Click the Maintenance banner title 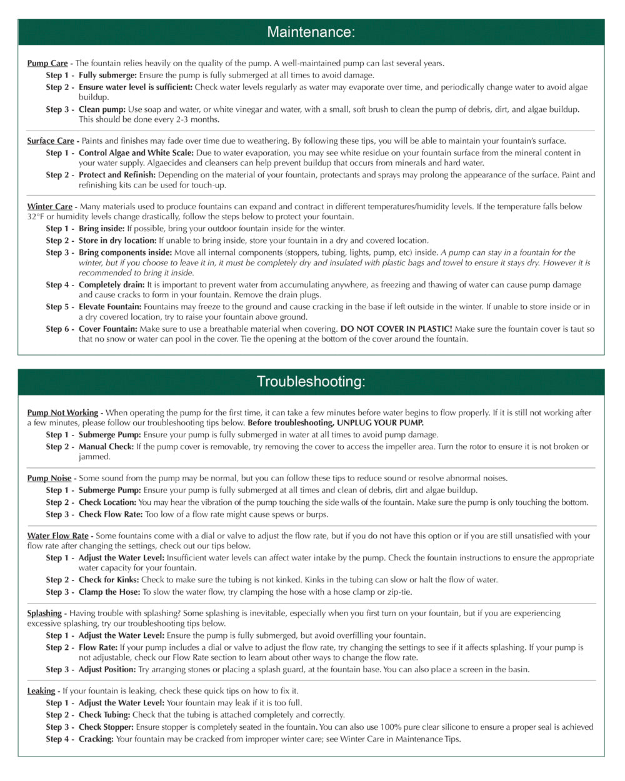pyautogui.click(x=311, y=32)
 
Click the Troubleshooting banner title pyautogui.click(x=311, y=381)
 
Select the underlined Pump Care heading pyautogui.click(x=47, y=63)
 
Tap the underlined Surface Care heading pyautogui.click(x=51, y=141)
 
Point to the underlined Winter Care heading pyautogui.click(x=50, y=206)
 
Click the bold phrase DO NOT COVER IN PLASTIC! pyautogui.click(x=396, y=329)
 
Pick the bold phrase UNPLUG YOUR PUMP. pyautogui.click(x=380, y=422)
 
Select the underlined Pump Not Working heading pyautogui.click(x=62, y=412)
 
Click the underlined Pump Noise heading pyautogui.click(x=49, y=478)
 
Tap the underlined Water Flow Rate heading pyautogui.click(x=58, y=535)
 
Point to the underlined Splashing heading pyautogui.click(x=44, y=613)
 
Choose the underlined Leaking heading pyautogui.click(x=41, y=690)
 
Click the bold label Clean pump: pyautogui.click(x=102, y=109)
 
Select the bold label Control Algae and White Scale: pyautogui.click(x=136, y=152)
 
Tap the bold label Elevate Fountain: pyautogui.click(x=110, y=307)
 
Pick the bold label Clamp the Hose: pyautogui.click(x=109, y=592)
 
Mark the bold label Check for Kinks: pyautogui.click(x=109, y=580)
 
